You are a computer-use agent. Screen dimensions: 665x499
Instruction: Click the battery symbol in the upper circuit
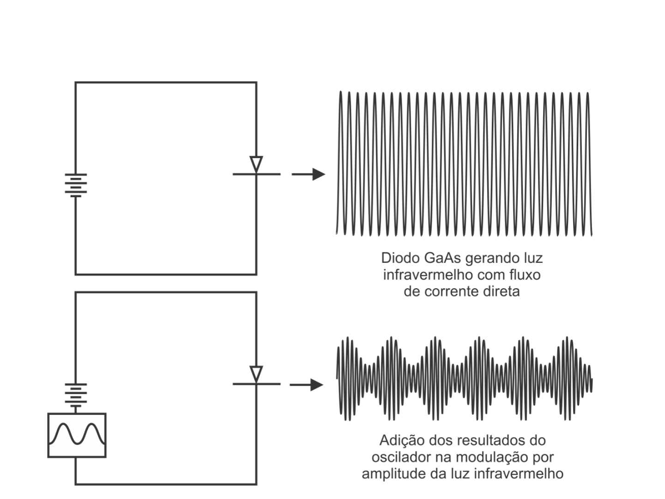tap(76, 185)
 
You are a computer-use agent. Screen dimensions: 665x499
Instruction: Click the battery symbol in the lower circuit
tap(76, 396)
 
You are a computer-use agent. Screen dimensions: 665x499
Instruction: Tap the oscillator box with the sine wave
tap(77, 435)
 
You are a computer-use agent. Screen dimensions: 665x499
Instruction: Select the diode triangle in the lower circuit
tap(256, 374)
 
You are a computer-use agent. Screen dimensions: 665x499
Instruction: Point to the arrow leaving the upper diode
tap(308, 174)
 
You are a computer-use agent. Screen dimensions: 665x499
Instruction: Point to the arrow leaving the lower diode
tap(307, 385)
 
